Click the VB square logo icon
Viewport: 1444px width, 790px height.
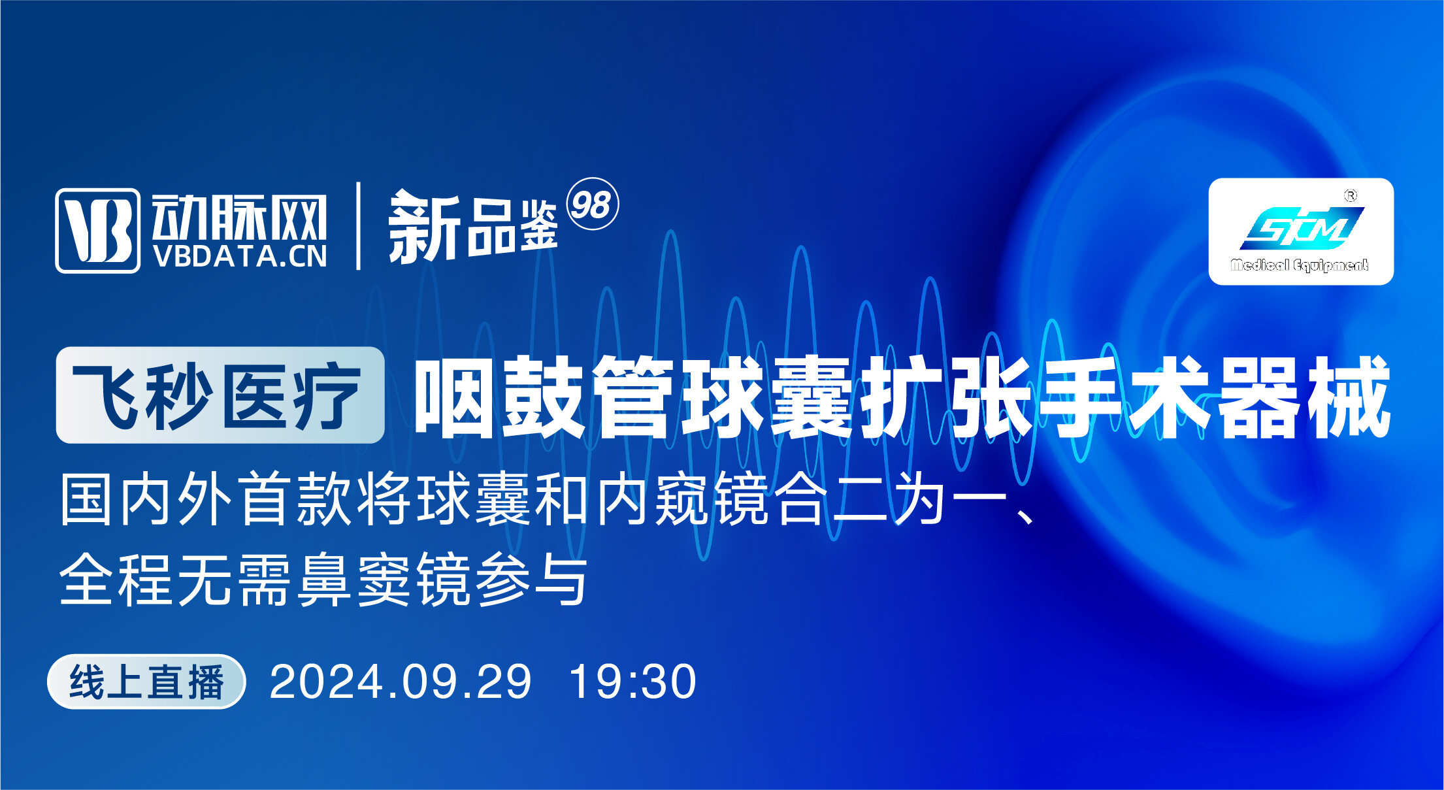(x=97, y=230)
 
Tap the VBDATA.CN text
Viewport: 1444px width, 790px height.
(x=240, y=257)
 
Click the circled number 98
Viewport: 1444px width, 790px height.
(x=591, y=204)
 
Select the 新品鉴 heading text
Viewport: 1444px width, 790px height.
(x=473, y=227)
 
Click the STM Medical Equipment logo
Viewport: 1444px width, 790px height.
(x=1300, y=231)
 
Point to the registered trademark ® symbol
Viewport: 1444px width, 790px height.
(x=1350, y=195)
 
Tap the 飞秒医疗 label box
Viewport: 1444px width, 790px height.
(x=220, y=395)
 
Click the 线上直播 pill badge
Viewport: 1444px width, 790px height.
(x=146, y=682)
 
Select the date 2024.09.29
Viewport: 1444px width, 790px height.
(x=401, y=682)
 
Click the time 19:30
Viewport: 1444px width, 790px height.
(x=632, y=682)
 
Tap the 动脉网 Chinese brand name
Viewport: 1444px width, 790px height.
(x=239, y=218)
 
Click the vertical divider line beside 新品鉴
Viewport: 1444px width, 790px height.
(x=358, y=226)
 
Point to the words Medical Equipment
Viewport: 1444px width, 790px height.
(x=1299, y=265)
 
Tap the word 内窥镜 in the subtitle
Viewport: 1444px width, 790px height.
(x=683, y=499)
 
